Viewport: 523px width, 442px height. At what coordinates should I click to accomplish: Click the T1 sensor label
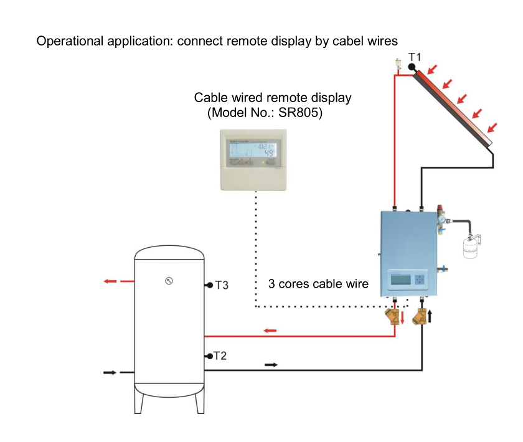(415, 57)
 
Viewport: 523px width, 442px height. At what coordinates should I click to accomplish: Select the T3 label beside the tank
(222, 285)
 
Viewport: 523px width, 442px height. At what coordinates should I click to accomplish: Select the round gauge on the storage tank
(169, 281)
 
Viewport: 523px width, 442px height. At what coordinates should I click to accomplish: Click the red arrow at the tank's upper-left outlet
(111, 281)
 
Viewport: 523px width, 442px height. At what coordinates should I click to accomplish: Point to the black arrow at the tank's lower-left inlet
(110, 372)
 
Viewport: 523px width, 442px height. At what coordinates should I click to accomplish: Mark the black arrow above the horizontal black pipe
(271, 365)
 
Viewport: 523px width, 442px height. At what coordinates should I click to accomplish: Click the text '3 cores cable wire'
(318, 284)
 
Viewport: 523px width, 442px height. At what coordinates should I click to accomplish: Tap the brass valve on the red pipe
(393, 317)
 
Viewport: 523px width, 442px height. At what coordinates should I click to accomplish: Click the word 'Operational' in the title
(70, 42)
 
